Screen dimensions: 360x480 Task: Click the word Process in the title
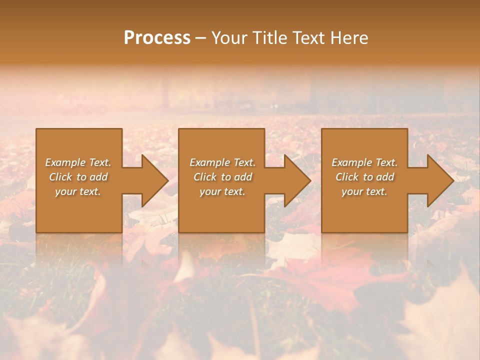click(157, 38)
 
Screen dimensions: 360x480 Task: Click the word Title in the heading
click(268, 38)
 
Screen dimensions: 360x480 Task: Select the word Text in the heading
click(308, 38)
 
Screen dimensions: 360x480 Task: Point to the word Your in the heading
click(229, 38)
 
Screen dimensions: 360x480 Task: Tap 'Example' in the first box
click(65, 162)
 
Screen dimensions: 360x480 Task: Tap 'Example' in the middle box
click(209, 162)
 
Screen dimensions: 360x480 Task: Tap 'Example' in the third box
click(351, 162)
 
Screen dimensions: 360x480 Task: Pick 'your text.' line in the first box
click(78, 191)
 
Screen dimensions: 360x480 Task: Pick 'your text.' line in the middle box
click(222, 191)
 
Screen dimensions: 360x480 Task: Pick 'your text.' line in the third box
click(364, 191)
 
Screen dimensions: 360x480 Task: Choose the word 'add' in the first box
click(98, 177)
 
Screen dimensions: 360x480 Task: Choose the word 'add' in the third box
click(385, 177)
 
